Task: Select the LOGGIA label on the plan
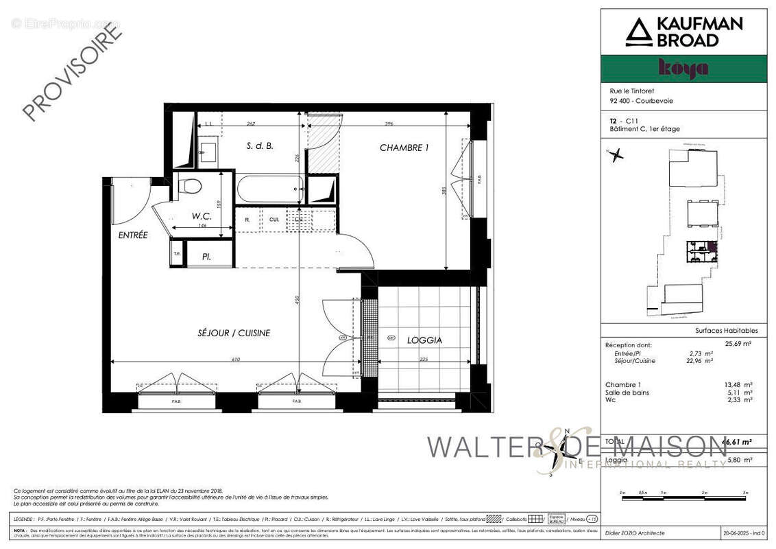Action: [x=424, y=340]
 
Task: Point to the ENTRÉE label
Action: [x=133, y=235]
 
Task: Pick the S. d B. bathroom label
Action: [x=260, y=146]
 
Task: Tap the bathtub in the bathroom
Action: [x=269, y=188]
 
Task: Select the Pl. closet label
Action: [x=206, y=257]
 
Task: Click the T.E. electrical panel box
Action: [x=177, y=254]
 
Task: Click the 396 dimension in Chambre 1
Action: [x=388, y=124]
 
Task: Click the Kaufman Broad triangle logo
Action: [x=638, y=32]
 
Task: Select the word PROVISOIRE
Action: [x=72, y=72]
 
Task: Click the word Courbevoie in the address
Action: [x=657, y=101]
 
